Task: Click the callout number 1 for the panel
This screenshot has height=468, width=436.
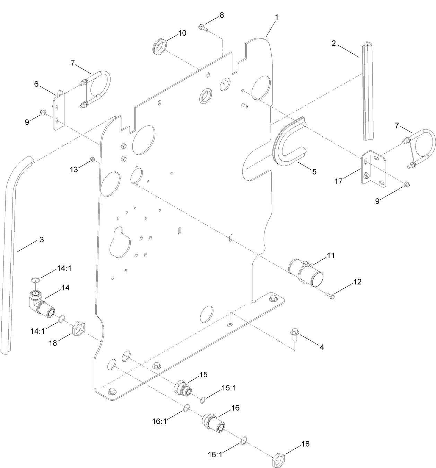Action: tap(277, 17)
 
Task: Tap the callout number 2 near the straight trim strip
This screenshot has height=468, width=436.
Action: tap(333, 43)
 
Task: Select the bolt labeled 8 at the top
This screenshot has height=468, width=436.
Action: tap(203, 27)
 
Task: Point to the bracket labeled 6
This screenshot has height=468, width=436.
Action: tap(59, 110)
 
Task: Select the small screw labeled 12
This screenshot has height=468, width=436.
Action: tap(330, 296)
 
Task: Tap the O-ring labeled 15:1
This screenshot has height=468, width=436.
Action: tap(203, 401)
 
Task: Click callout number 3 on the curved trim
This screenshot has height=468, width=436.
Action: tap(42, 239)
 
